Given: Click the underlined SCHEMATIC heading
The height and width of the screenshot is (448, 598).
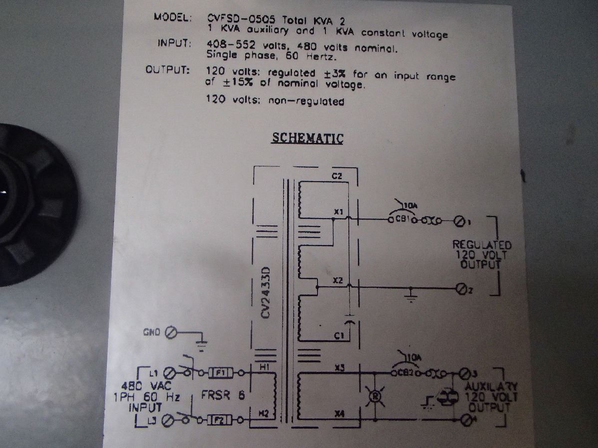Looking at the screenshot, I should [x=307, y=137].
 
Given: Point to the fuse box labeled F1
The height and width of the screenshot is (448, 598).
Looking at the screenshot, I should [x=221, y=372].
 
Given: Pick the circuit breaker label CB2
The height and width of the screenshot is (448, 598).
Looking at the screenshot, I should [x=403, y=373].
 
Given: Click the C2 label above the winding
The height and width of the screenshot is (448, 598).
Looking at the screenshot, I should [x=337, y=176].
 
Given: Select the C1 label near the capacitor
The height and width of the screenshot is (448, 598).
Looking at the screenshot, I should [x=339, y=337].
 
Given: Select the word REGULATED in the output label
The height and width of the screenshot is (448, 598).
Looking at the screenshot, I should [x=481, y=245].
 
